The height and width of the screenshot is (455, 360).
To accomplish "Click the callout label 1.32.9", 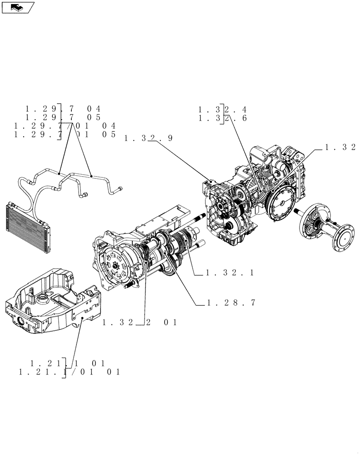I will click(x=148, y=139).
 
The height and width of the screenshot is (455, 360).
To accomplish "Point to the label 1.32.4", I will click(x=222, y=110).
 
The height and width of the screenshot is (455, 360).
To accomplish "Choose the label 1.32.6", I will click(x=222, y=119).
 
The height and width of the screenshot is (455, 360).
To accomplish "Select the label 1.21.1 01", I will click(x=67, y=364).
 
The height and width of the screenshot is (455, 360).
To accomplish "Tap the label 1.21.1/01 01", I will click(x=69, y=372).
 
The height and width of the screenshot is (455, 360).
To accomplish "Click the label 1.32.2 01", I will click(x=139, y=323).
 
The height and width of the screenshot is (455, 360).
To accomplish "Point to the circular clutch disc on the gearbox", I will click(x=114, y=263).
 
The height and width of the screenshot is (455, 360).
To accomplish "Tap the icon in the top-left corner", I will click(x=18, y=7).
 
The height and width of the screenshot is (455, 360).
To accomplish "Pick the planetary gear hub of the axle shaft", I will click(x=314, y=221).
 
